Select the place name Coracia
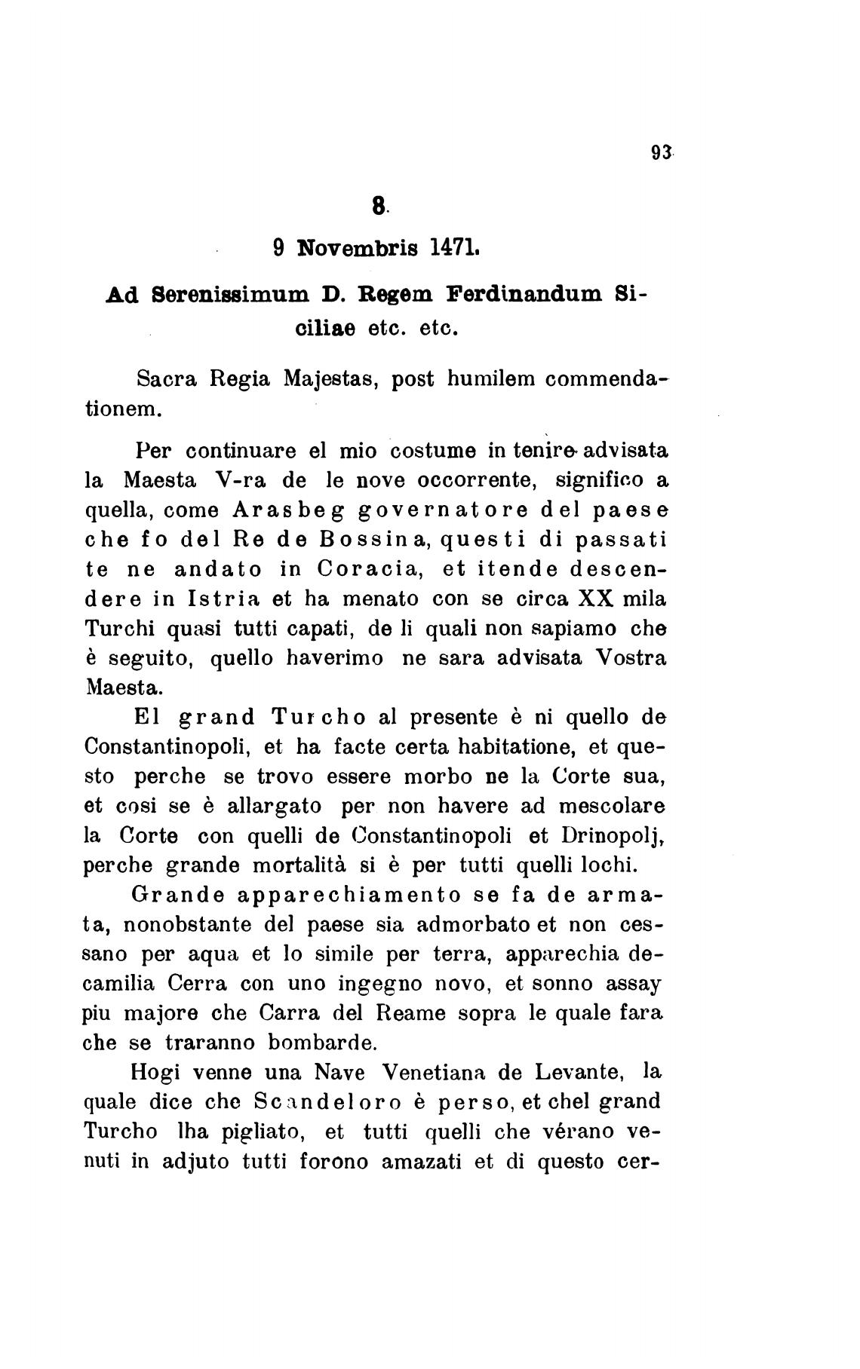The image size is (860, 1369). [364, 569]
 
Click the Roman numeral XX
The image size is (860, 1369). [597, 599]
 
